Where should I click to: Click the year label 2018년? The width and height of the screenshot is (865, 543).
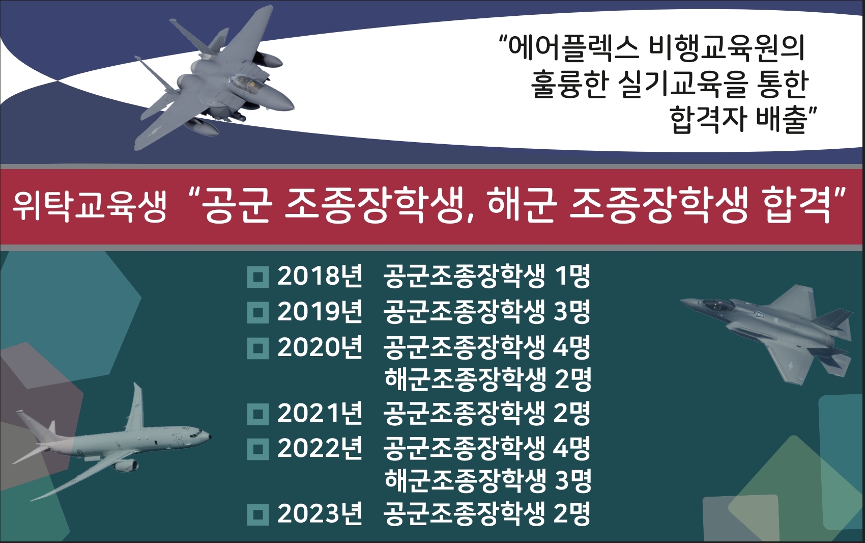click(320, 276)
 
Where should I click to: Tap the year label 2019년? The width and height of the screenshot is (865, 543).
click(320, 312)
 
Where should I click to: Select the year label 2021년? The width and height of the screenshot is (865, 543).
click(320, 413)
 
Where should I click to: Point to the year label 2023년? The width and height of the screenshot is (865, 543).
click(320, 513)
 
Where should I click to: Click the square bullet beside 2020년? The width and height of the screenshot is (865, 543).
click(258, 348)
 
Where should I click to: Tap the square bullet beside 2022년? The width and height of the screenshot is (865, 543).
click(258, 449)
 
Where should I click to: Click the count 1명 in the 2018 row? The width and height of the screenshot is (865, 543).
click(572, 276)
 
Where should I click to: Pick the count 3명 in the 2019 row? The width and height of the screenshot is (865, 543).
click(572, 312)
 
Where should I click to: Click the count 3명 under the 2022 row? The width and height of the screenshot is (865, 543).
click(573, 480)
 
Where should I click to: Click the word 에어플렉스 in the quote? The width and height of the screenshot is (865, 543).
click(574, 49)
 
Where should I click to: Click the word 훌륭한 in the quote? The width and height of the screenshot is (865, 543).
click(569, 84)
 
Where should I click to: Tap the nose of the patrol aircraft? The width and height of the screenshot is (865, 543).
click(207, 437)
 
